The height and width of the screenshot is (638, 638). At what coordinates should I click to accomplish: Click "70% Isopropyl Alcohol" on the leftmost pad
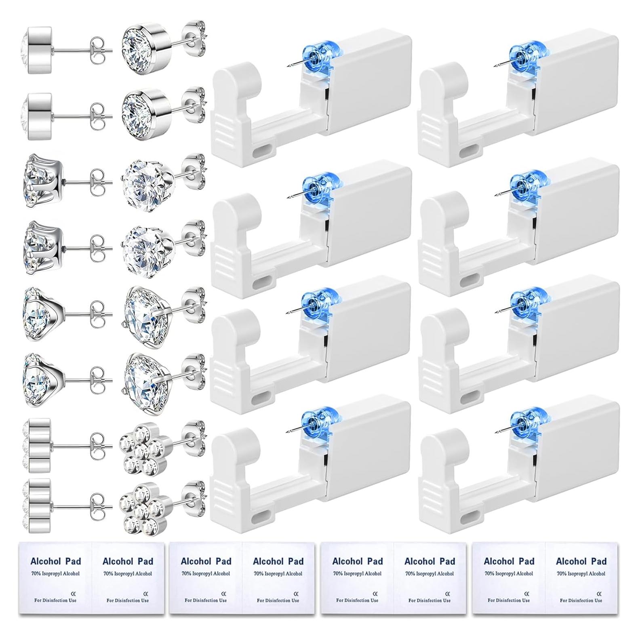(55, 573)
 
